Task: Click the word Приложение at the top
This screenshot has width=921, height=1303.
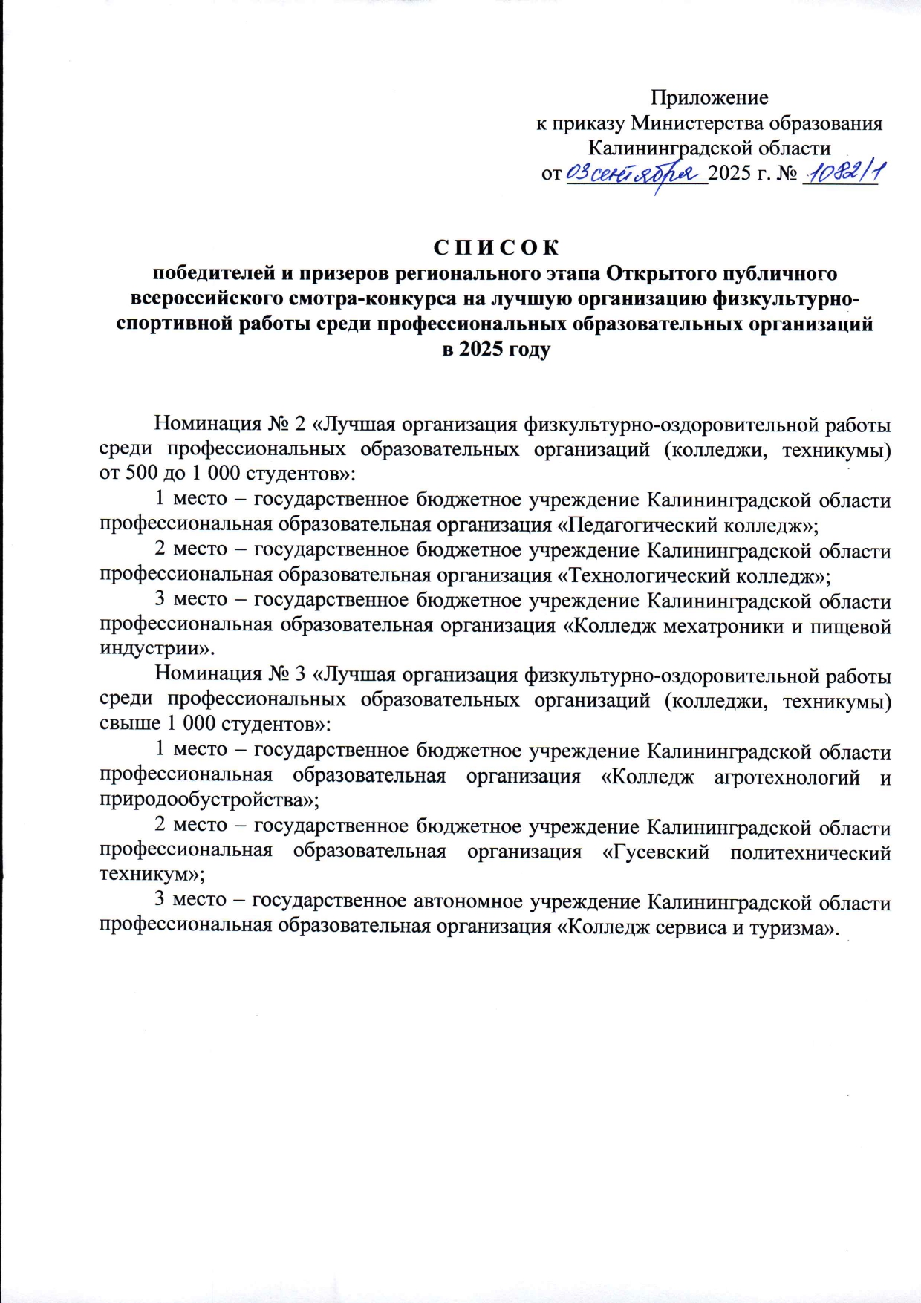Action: [x=709, y=97]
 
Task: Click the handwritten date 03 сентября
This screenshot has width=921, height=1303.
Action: [x=636, y=174]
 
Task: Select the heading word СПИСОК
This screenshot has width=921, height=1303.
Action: [x=496, y=247]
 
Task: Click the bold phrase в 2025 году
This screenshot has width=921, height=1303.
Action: [x=496, y=349]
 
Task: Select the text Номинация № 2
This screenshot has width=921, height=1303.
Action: [x=230, y=423]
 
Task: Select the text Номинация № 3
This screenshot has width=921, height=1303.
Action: [x=230, y=674]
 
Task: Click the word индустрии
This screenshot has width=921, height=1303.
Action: [x=153, y=648]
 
